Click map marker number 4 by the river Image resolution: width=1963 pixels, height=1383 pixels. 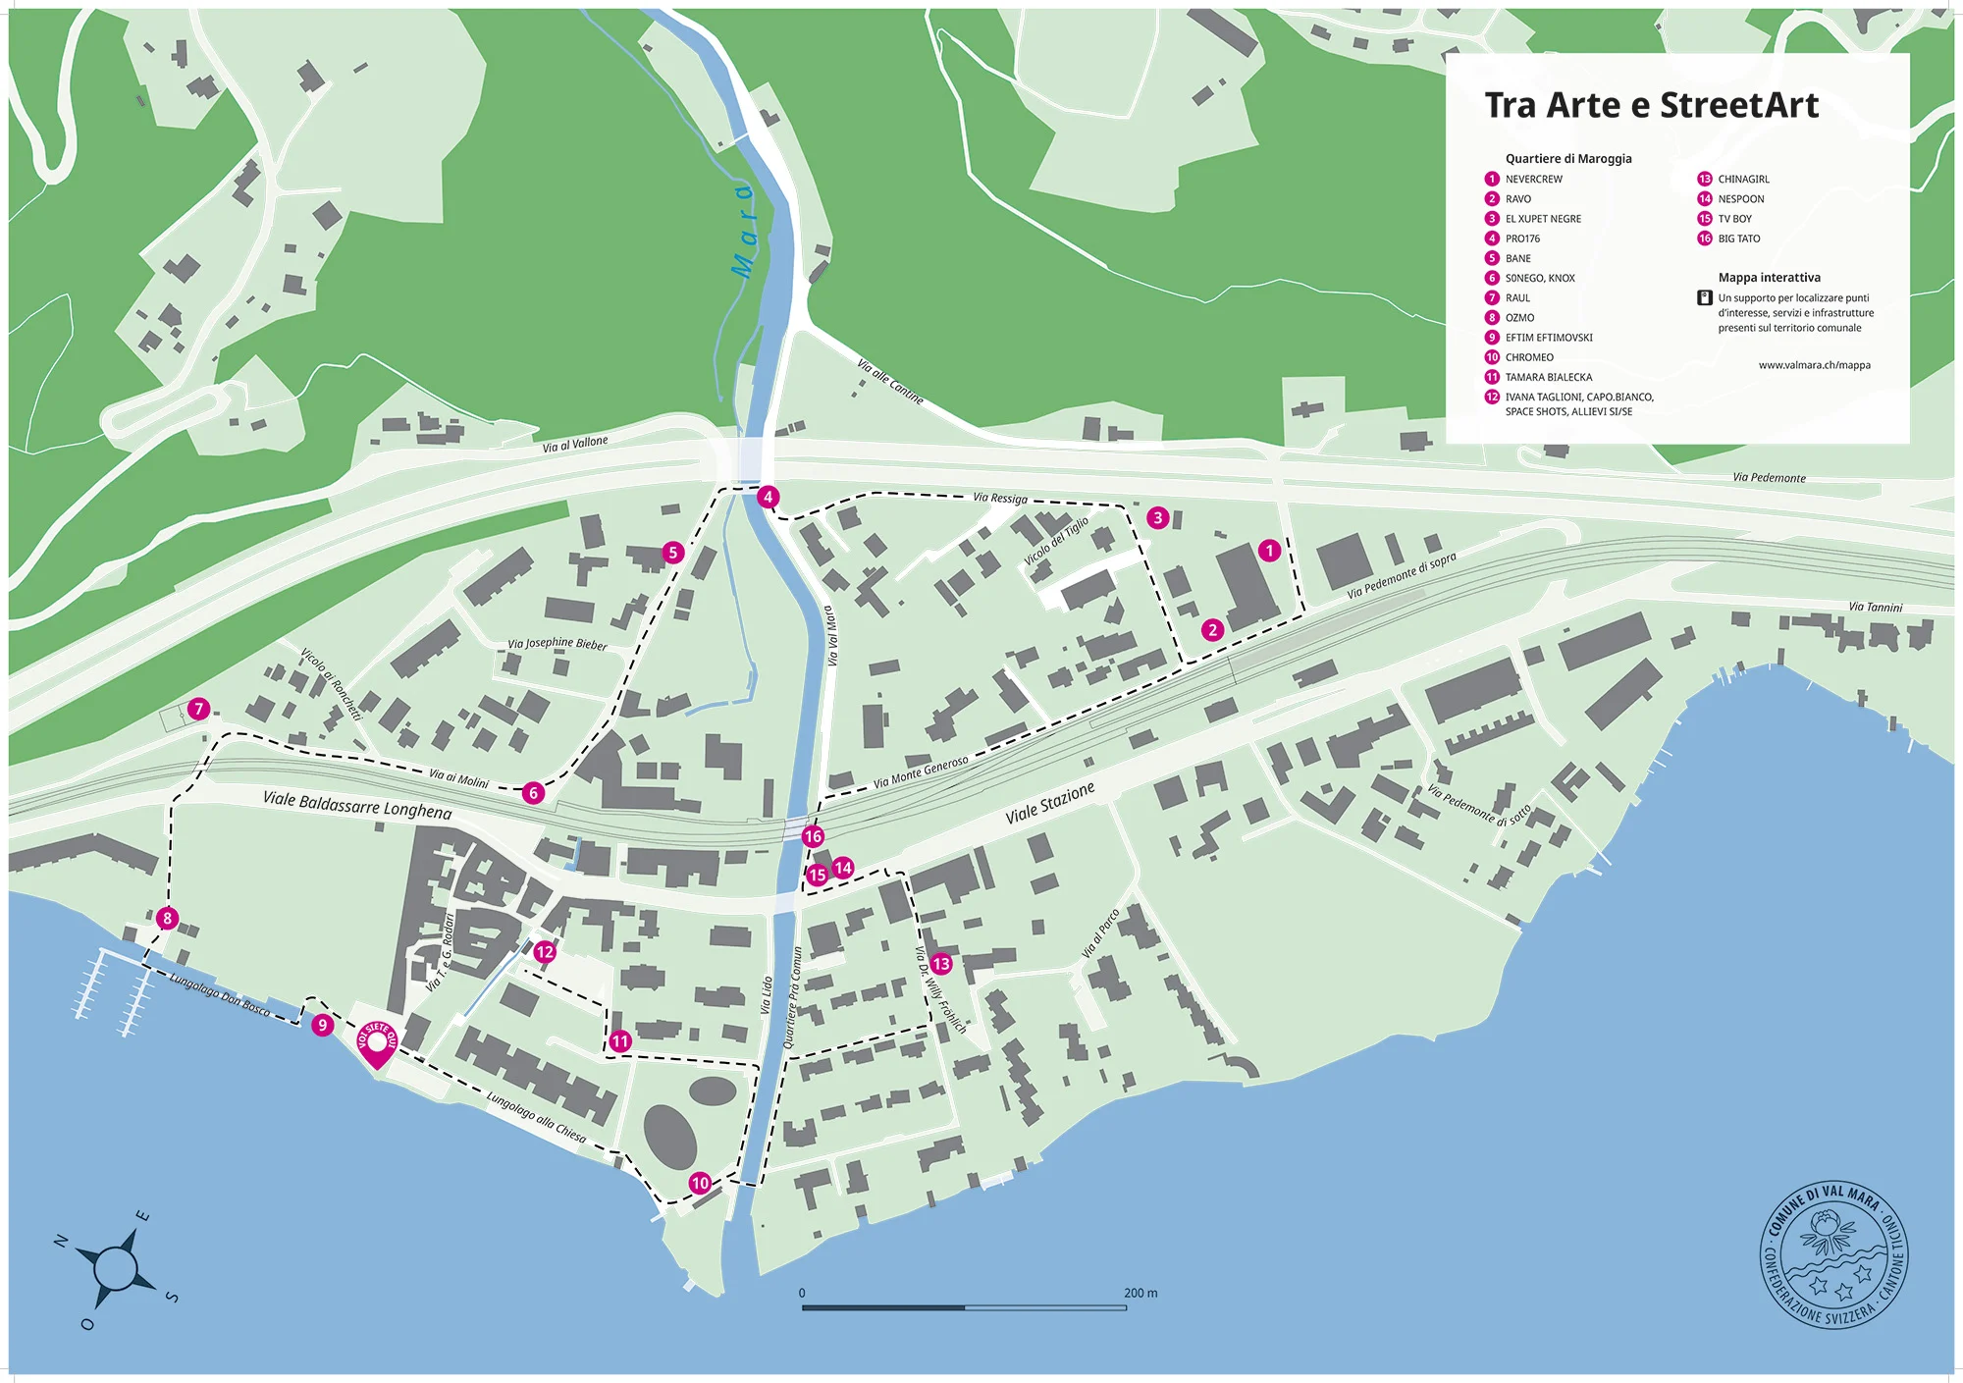pyautogui.click(x=769, y=497)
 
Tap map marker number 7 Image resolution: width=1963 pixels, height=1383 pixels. pyautogui.click(x=199, y=709)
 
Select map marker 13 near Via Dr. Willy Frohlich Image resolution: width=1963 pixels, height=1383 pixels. pyautogui.click(x=941, y=964)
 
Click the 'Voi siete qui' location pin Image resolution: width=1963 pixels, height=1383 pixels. pyautogui.click(x=377, y=1044)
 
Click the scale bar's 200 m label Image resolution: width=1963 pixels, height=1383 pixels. pyautogui.click(x=1141, y=1293)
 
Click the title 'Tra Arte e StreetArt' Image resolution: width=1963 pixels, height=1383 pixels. pyautogui.click(x=1651, y=105)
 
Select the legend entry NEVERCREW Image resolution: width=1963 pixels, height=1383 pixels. pyautogui.click(x=1533, y=179)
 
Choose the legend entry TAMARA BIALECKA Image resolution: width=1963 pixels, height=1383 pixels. pyautogui.click(x=1548, y=377)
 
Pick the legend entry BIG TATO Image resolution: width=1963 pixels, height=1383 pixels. pyautogui.click(x=1738, y=239)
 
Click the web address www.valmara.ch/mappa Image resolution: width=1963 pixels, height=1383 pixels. pyautogui.click(x=1814, y=365)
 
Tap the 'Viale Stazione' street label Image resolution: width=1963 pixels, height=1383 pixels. pyautogui.click(x=1049, y=803)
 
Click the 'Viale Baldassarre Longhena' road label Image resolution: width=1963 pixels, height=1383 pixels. pyautogui.click(x=357, y=805)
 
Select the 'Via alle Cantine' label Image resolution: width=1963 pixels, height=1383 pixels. pyautogui.click(x=889, y=382)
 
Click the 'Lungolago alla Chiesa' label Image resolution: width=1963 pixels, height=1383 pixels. pyautogui.click(x=536, y=1118)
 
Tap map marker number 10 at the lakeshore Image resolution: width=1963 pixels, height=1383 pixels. pyautogui.click(x=700, y=1183)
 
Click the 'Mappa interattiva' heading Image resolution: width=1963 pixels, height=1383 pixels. pyautogui.click(x=1769, y=278)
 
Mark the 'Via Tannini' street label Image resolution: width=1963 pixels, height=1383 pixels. pyautogui.click(x=1875, y=607)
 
